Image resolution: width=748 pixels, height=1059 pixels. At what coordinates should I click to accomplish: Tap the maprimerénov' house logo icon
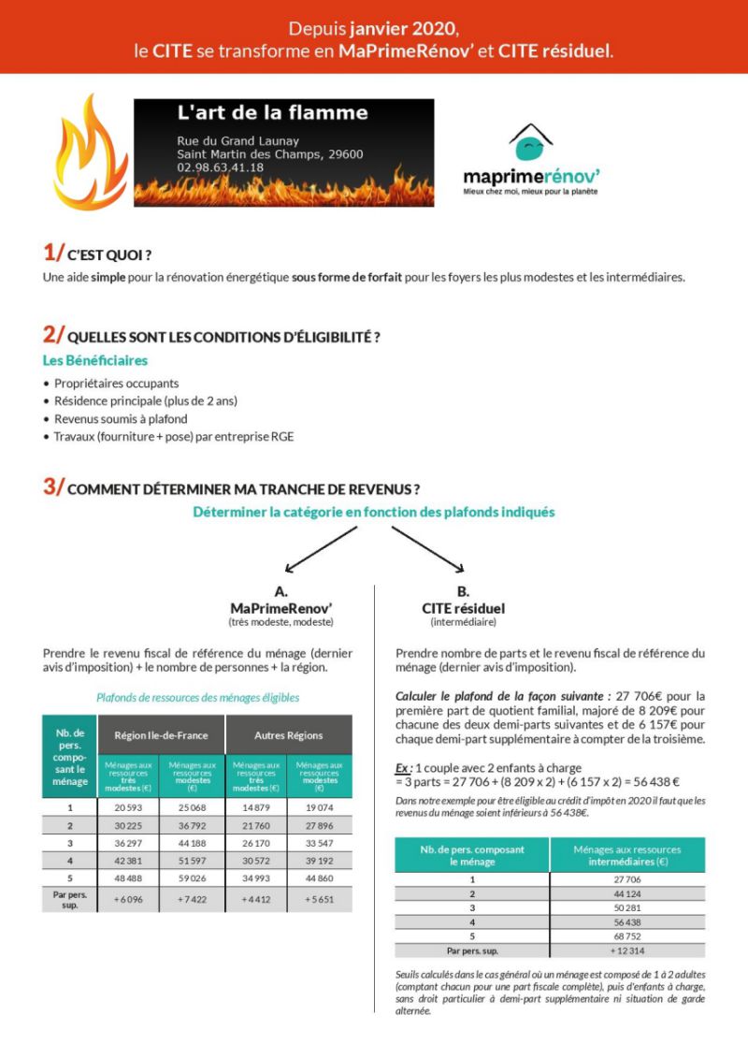click(530, 143)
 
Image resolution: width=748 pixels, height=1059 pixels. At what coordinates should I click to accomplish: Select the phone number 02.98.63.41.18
click(220, 167)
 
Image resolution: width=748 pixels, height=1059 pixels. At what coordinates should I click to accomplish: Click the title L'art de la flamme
click(273, 114)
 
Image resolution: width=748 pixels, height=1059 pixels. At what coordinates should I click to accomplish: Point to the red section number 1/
click(53, 253)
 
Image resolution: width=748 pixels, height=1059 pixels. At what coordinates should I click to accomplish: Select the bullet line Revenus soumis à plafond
click(121, 418)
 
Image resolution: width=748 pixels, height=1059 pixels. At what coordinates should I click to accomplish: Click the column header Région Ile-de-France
click(161, 735)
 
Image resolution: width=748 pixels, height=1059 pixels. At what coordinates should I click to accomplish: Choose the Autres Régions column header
click(289, 735)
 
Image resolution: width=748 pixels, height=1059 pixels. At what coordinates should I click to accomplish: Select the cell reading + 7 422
click(193, 900)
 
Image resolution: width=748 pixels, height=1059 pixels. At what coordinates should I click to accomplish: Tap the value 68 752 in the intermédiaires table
click(627, 936)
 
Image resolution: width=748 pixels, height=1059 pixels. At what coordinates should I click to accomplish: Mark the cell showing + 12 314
click(627, 951)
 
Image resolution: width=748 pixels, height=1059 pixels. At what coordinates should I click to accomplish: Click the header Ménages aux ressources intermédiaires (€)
click(627, 855)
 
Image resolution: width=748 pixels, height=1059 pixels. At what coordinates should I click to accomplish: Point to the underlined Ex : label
click(405, 768)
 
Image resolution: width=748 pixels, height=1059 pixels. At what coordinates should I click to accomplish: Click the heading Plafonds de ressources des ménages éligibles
click(197, 697)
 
